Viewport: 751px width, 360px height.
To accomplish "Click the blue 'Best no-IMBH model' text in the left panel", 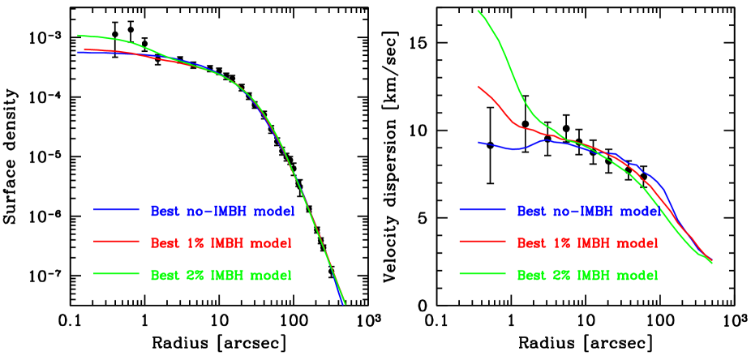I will point(222,212).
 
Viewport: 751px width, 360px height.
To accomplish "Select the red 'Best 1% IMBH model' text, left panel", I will point(221,242).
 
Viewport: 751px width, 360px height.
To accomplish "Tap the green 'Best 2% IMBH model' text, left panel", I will point(221,275).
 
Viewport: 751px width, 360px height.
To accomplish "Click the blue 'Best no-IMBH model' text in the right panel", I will point(588,212).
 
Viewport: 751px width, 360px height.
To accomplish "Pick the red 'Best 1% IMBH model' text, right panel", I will point(587,242).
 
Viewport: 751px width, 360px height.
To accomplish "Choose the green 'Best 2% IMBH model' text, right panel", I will point(587,275).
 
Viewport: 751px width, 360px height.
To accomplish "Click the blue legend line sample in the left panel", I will point(117,210).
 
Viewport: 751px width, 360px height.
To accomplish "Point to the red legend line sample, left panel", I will point(117,242).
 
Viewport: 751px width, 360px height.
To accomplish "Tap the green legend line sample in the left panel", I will point(117,273).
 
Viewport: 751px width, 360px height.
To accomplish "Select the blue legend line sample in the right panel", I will point(483,210).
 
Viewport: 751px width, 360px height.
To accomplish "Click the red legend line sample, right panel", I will point(483,242).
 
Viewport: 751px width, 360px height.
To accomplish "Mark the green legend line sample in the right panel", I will point(483,273).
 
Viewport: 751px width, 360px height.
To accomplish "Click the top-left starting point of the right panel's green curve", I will point(478,11).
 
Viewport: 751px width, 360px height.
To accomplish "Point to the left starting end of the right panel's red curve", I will point(478,86).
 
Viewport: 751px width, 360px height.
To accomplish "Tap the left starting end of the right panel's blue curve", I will point(478,142).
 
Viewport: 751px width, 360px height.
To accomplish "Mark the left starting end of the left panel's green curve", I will point(78,35).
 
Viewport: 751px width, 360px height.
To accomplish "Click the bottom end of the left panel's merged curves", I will point(345,304).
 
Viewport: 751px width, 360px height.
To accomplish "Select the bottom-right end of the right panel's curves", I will point(712,263).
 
